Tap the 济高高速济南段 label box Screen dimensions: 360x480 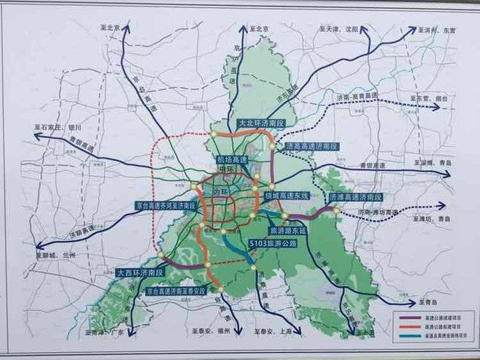[312, 145]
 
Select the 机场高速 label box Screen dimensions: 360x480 [231, 160]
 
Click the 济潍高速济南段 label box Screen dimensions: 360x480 [355, 197]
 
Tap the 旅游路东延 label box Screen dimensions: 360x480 [287, 230]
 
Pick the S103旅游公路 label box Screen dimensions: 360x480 [272, 243]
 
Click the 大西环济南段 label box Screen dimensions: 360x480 [140, 273]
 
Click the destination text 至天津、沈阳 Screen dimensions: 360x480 [339, 29]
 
